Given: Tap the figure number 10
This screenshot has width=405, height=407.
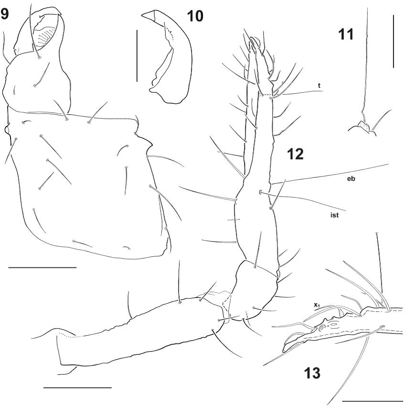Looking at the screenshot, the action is tap(195, 16).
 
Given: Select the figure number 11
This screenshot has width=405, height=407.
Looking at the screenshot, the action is tap(346, 34).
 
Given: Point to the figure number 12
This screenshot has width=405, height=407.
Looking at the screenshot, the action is tap(295, 154).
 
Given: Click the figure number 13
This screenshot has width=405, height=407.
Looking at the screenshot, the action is tap(312, 373).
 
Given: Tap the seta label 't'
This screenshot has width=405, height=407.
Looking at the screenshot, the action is tap(319, 86).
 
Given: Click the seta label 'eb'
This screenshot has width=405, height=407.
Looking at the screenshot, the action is tap(351, 179).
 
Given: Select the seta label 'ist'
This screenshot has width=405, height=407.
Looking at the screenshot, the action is tap(334, 215).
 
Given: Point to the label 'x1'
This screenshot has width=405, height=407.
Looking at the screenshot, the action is tap(317, 306).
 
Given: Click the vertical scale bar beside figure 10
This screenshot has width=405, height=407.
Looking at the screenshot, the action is tap(137, 56).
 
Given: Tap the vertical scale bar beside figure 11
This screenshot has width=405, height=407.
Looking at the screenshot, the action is tap(394, 41).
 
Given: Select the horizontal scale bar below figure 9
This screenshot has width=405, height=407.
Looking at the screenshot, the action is tap(43, 267).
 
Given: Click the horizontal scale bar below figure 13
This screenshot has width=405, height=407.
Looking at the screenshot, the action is tap(373, 401).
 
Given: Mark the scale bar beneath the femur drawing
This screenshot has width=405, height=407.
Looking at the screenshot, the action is tap(77, 387).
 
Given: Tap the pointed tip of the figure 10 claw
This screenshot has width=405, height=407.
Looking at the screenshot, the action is tap(142, 16).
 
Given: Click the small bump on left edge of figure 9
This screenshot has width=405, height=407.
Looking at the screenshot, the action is tap(7, 129).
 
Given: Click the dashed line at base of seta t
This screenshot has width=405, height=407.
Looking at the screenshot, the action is tap(265, 96).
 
